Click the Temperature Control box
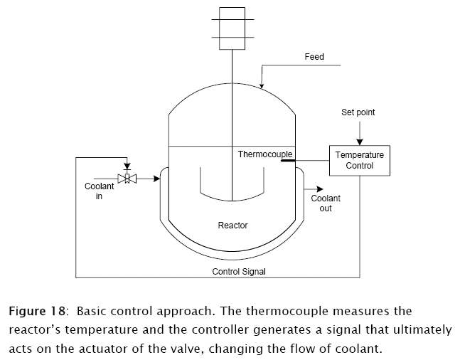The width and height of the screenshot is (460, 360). click(x=359, y=160)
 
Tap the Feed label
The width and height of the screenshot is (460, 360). click(x=314, y=57)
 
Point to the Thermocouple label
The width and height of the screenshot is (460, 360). click(x=261, y=154)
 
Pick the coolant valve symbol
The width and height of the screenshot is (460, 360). click(x=127, y=179)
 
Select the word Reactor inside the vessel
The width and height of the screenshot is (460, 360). click(x=232, y=226)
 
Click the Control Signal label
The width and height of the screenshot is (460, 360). click(x=239, y=272)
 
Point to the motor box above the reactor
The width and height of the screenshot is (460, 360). click(x=232, y=28)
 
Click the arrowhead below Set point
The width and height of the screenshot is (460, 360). click(x=359, y=141)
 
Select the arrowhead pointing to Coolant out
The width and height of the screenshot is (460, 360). click(x=316, y=189)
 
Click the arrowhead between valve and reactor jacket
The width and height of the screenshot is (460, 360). click(x=156, y=179)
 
